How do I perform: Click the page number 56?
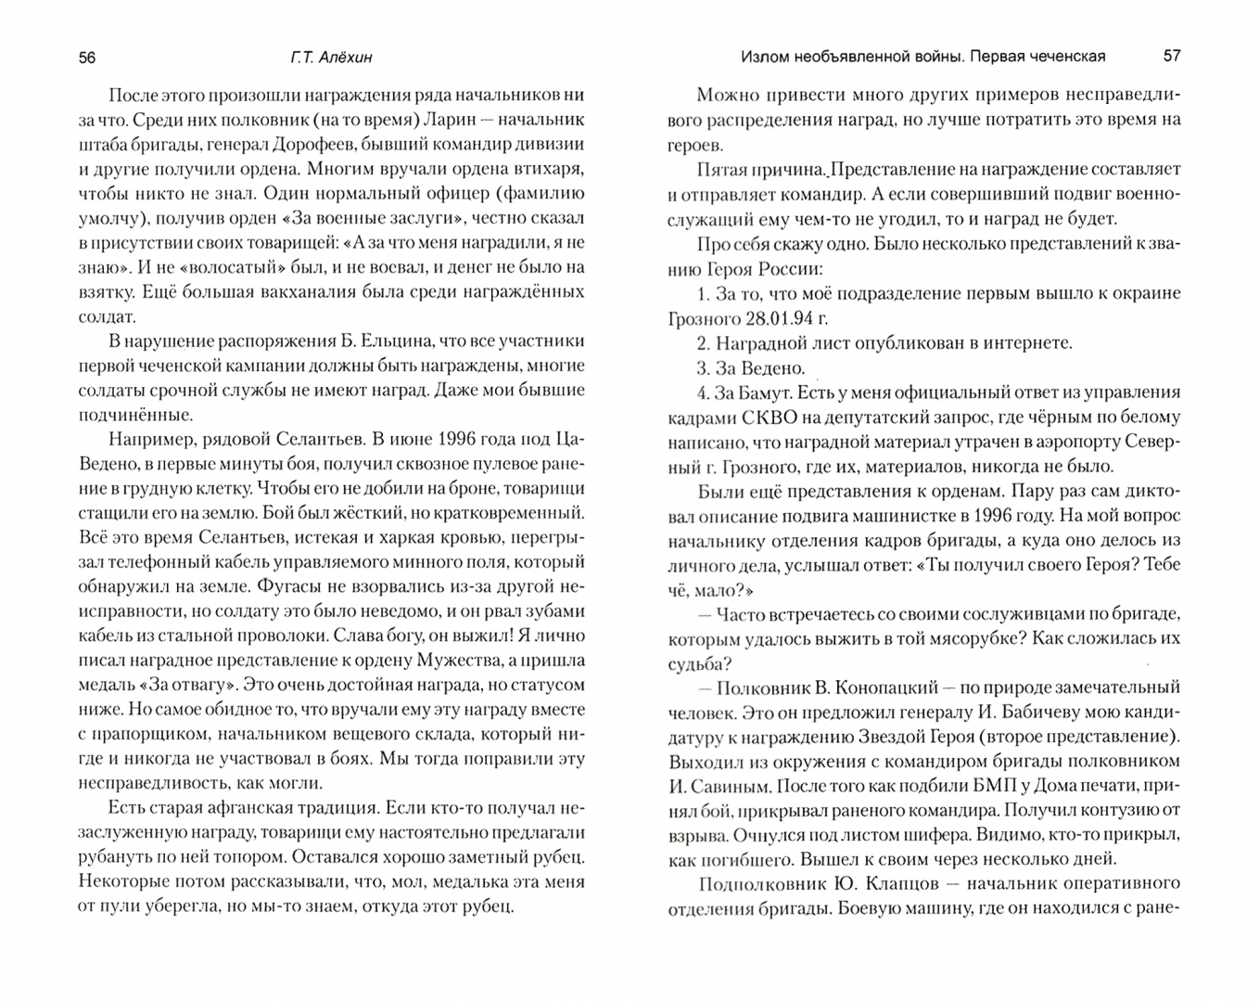[87, 57]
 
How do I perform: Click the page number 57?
[1172, 56]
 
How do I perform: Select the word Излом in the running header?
[764, 57]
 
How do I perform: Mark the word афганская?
[262, 807]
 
